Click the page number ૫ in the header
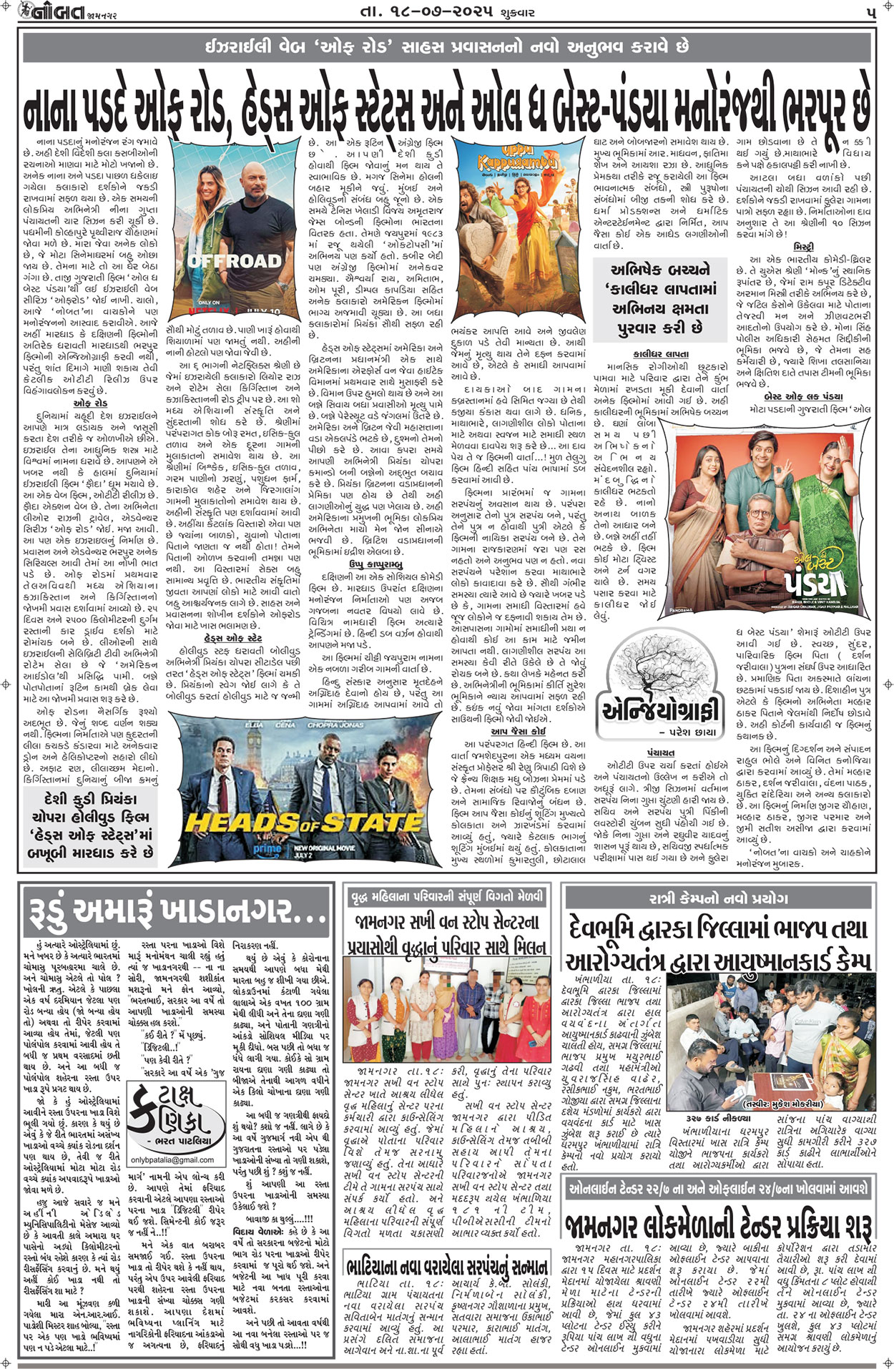[870, 13]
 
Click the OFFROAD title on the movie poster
[235, 260]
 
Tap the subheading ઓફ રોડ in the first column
[90, 403]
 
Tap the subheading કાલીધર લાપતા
[660, 354]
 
